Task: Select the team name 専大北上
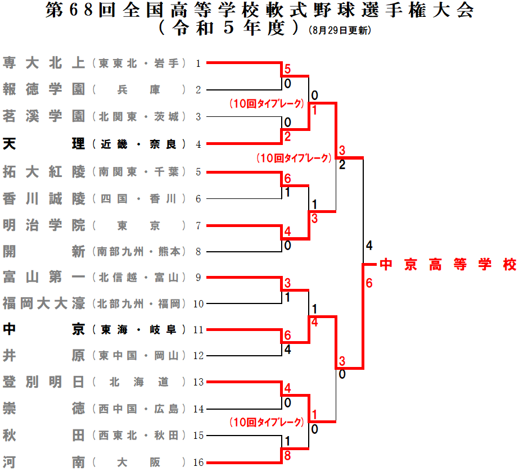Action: tap(44, 63)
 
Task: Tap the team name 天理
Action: tap(44, 144)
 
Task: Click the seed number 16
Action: tap(197, 463)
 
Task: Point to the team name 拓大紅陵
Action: tap(44, 171)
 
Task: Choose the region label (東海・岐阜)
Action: tap(138, 330)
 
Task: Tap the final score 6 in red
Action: tap(369, 283)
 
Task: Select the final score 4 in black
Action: tap(369, 246)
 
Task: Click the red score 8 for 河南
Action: tap(287, 456)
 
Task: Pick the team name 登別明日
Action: tap(44, 383)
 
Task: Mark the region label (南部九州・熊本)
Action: tap(138, 252)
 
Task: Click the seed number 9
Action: tap(198, 277)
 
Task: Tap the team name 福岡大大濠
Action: tap(44, 304)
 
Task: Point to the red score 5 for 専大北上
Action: tap(287, 70)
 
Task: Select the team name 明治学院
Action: tap(44, 225)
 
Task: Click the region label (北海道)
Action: tap(138, 383)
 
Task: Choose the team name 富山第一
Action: tap(44, 277)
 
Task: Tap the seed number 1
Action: tap(198, 64)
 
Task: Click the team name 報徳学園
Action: tap(44, 89)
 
